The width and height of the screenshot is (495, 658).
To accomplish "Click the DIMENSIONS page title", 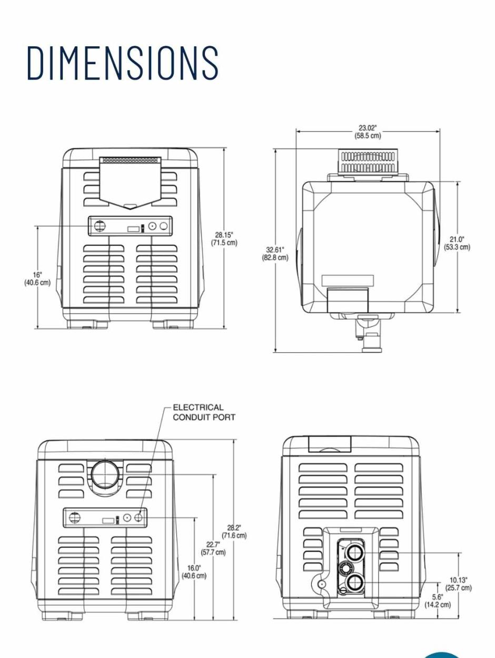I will [x=123, y=63].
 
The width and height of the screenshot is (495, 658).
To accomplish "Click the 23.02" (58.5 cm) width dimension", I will [x=368, y=132].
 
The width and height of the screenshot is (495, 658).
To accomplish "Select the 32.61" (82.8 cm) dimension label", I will [x=275, y=253].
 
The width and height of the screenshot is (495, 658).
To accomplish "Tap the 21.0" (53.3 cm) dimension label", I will [x=457, y=243].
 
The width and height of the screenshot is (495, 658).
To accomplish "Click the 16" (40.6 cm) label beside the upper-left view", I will [x=37, y=278].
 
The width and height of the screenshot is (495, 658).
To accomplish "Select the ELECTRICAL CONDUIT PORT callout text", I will [x=204, y=412].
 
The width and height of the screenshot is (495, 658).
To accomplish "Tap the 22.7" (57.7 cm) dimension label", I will [x=213, y=548].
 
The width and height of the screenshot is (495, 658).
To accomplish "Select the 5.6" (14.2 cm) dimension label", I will [x=438, y=601].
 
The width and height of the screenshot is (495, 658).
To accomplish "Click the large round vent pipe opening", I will [x=107, y=473].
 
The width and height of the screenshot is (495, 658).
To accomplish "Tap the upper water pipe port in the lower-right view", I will [x=355, y=553].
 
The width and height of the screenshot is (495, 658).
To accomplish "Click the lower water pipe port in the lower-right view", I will [x=355, y=582].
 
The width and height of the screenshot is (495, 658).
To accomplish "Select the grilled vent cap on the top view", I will [x=368, y=162].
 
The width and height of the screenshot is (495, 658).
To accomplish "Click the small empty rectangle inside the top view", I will [x=348, y=280].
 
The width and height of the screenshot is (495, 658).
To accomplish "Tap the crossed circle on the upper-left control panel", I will [x=100, y=226].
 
